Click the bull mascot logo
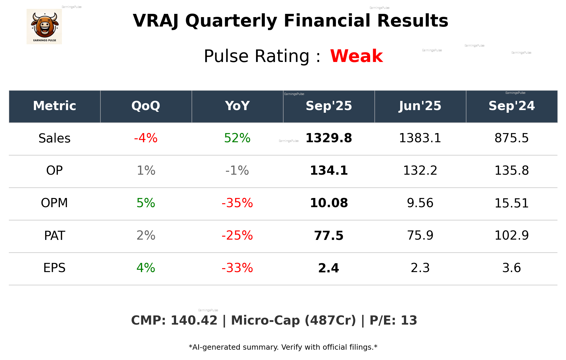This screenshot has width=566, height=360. pos(44,27)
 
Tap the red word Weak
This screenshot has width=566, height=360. pos(356,56)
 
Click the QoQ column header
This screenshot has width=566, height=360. pos(146,106)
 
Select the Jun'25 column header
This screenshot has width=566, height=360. pos(420,106)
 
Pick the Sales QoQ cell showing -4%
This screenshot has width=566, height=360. pos(146,138)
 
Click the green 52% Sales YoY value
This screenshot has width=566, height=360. pos(237,138)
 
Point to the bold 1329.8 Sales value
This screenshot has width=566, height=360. pos(329,138)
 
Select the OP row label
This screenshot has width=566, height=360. pos(55,171)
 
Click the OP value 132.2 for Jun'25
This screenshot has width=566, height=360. pos(420,171)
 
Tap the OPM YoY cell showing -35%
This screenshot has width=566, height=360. pos(237,203)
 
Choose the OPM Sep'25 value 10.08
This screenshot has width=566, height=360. pos(329,203)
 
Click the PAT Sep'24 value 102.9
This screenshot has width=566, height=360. pos(511,235)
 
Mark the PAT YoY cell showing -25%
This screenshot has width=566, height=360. pos(237,235)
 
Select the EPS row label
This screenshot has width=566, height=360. pos(55,268)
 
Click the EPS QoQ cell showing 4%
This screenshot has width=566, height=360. pos(146,268)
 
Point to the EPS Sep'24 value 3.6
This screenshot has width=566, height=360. pos(511,268)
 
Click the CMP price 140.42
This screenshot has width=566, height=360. pos(194,320)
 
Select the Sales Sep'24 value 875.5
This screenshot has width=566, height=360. pos(511,138)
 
